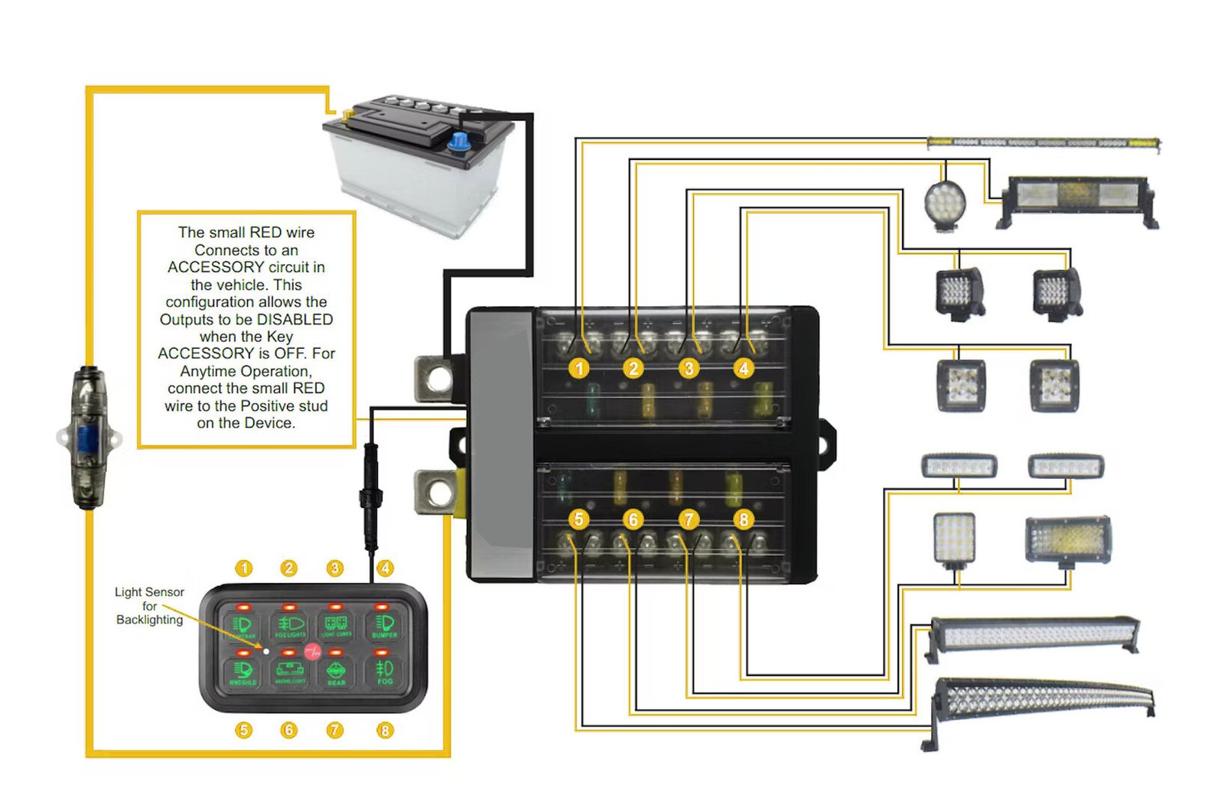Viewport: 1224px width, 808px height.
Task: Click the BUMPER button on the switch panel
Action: click(384, 625)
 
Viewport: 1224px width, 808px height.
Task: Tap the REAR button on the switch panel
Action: click(336, 673)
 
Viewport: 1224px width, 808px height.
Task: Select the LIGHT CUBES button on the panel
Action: click(337, 625)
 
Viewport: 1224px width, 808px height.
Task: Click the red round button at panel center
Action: click(313, 652)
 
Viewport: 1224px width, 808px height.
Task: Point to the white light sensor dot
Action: click(266, 651)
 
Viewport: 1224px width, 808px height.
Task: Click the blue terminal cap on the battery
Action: click(459, 142)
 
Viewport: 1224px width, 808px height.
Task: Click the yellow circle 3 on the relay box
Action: click(688, 368)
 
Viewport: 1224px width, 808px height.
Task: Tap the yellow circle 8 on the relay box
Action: click(743, 520)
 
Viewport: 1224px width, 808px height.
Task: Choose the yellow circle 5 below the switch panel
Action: click(243, 730)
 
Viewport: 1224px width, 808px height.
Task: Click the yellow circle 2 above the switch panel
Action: click(288, 569)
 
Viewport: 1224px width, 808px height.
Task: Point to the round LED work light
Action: click(945, 203)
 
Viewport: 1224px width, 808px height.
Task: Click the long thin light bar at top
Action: click(1043, 142)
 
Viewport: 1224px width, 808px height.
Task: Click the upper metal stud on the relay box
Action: click(438, 377)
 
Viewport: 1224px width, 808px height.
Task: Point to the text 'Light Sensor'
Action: click(149, 591)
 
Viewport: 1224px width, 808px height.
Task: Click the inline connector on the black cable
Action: click(370, 497)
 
